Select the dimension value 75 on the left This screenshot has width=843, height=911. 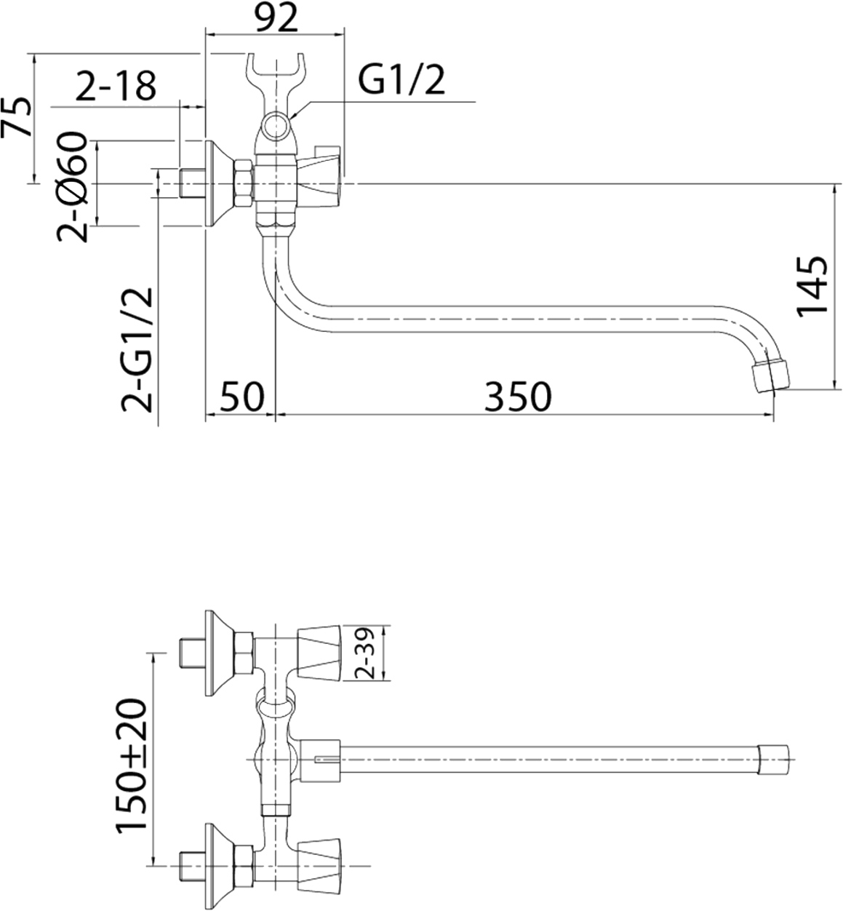[x=18, y=116]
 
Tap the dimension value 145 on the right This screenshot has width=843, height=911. [x=812, y=285]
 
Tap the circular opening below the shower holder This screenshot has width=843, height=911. [x=276, y=126]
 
